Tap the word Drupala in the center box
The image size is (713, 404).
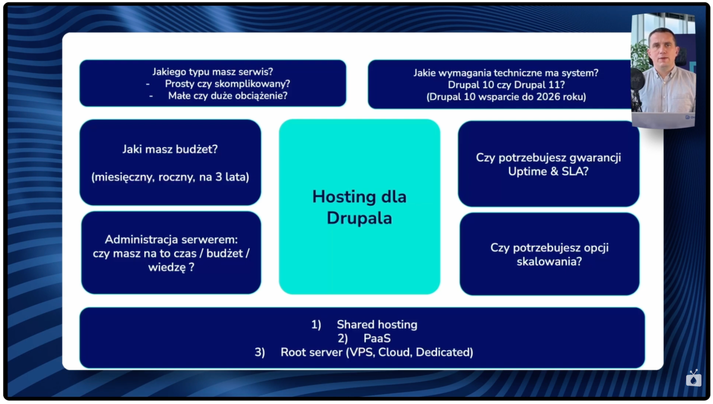pyautogui.click(x=359, y=218)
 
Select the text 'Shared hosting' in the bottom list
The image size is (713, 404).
pyautogui.click(x=377, y=325)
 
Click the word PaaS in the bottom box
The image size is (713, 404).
pyautogui.click(x=377, y=338)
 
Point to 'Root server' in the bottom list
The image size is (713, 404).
pyautogui.click(x=311, y=352)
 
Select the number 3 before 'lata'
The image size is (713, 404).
pyautogui.click(x=219, y=177)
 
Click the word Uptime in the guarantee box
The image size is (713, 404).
pyautogui.click(x=528, y=171)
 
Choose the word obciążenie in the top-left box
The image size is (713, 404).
pyautogui.click(x=260, y=96)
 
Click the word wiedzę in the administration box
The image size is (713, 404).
pyautogui.click(x=167, y=267)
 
